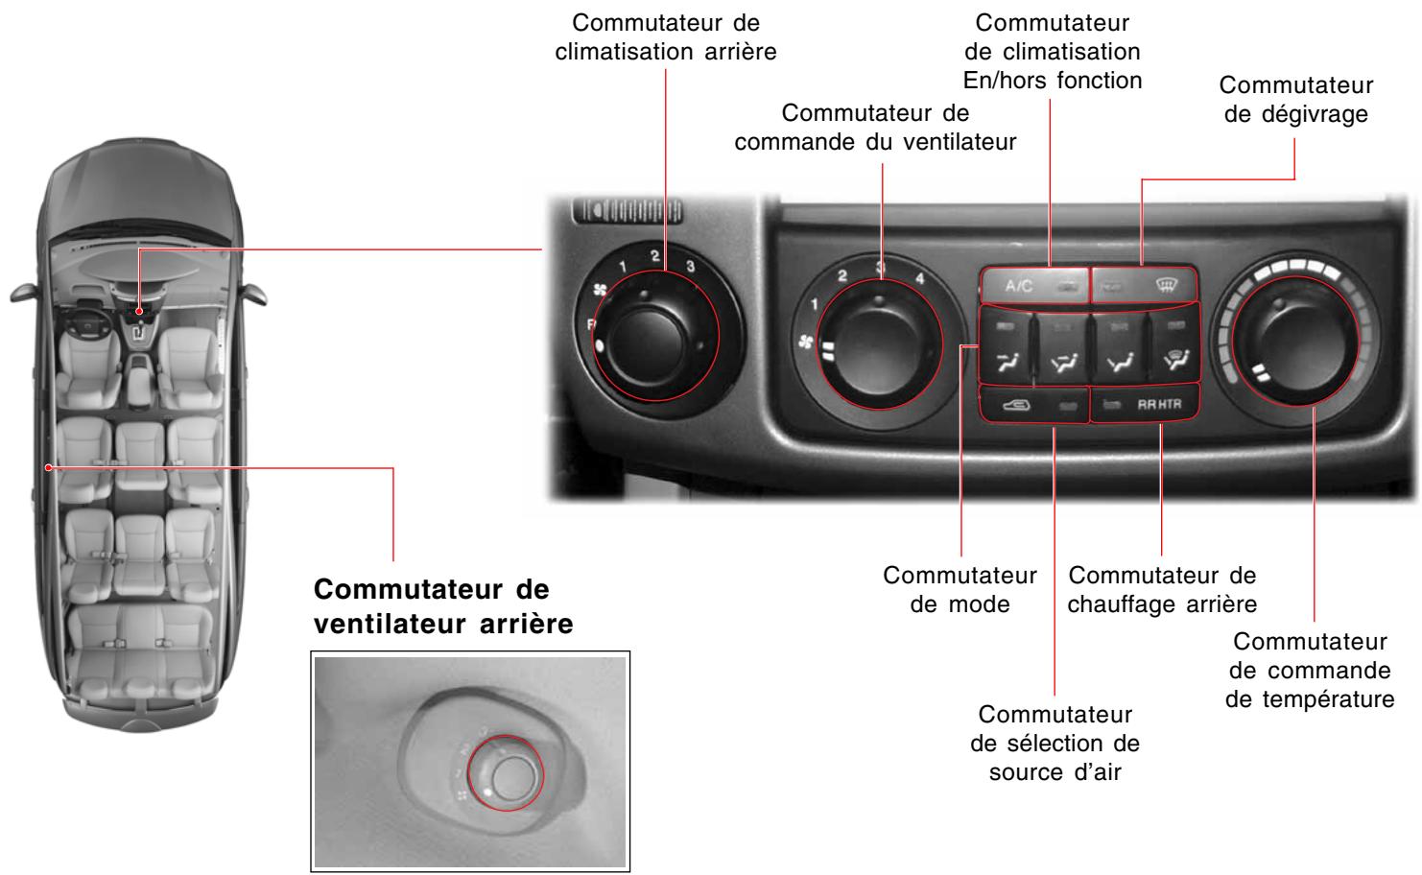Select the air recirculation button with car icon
click(1034, 405)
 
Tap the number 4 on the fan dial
click(919, 278)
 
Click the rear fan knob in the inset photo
click(505, 773)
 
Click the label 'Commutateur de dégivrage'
click(1295, 100)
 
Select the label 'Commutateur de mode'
click(960, 590)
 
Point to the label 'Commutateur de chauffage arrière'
click(1161, 590)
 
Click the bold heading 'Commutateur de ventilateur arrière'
click(443, 605)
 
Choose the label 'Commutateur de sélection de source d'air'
click(1055, 743)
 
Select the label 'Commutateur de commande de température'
click(1310, 670)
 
